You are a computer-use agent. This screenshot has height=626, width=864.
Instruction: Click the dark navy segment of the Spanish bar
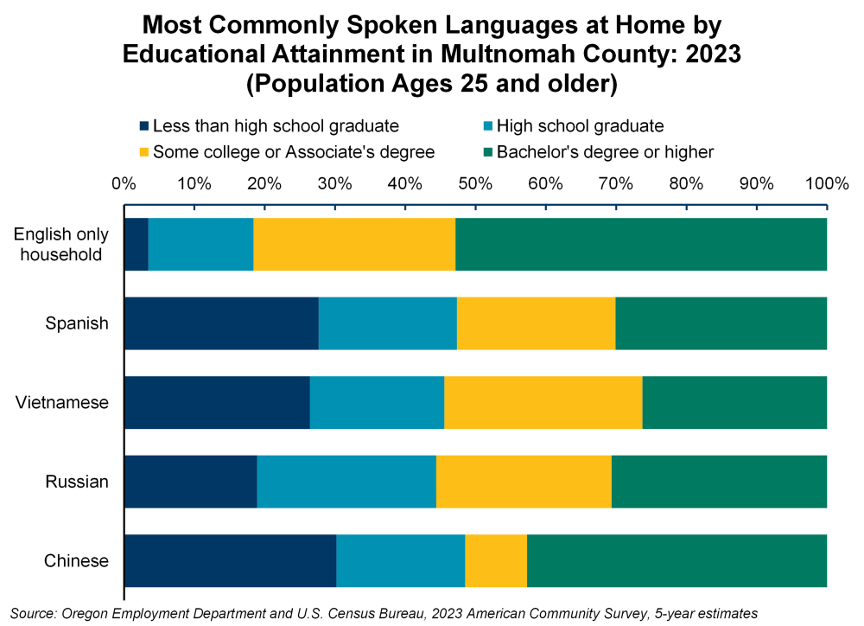[221, 323]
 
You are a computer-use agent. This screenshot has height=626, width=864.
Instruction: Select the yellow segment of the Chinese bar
[496, 560]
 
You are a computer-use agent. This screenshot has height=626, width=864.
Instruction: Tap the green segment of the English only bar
[641, 245]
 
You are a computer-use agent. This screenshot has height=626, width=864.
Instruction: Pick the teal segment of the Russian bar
[346, 482]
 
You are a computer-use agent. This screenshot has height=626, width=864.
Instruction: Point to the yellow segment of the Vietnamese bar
[543, 402]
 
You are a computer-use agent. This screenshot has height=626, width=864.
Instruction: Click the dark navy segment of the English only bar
[137, 245]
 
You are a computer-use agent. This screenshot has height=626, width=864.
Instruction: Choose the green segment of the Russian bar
[719, 482]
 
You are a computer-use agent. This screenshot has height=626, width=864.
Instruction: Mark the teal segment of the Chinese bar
[401, 560]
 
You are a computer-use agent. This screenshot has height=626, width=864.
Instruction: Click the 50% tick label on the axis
[475, 183]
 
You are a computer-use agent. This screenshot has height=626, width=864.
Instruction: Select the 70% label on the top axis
[615, 183]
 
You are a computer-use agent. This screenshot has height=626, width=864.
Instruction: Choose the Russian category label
[77, 482]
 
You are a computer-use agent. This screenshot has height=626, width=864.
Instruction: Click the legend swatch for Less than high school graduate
[144, 127]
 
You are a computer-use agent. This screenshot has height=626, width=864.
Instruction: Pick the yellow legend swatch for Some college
[144, 153]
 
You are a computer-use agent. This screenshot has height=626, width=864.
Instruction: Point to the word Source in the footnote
[32, 612]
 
